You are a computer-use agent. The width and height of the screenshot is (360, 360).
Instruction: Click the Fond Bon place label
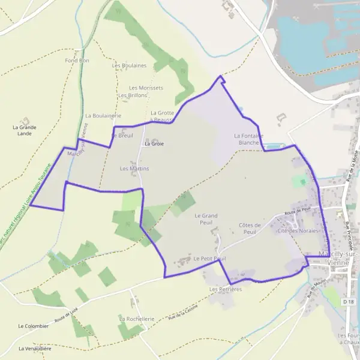pyautogui.click(x=77, y=61)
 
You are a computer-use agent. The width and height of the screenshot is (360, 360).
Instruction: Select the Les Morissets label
pyautogui.click(x=146, y=88)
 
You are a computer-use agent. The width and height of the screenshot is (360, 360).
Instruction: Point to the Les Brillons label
pyautogui.click(x=133, y=95)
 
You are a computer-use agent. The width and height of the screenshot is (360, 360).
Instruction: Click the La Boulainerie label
pyautogui.click(x=103, y=115)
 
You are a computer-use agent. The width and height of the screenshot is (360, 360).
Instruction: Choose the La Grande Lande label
pyautogui.click(x=25, y=130)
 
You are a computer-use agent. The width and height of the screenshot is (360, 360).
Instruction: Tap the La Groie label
pyautogui.click(x=154, y=144)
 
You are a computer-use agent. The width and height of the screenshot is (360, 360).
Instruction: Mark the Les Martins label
pyautogui.click(x=134, y=169)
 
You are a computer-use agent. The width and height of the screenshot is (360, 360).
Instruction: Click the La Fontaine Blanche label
pyautogui.click(x=249, y=139)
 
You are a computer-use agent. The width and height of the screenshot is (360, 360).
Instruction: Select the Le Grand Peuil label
pyautogui.click(x=206, y=218)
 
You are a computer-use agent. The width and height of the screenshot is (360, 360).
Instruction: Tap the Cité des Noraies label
pyautogui.click(x=297, y=230)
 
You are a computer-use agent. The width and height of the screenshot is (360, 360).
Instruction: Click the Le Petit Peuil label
pyautogui.click(x=209, y=259)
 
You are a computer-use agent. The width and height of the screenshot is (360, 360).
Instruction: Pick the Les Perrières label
pyautogui.click(x=225, y=289)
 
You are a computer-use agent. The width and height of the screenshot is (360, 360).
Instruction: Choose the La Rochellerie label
pyautogui.click(x=137, y=319)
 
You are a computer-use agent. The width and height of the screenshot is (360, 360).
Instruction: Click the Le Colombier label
pyautogui.click(x=33, y=326)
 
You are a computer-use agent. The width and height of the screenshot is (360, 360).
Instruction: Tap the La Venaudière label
pyautogui.click(x=35, y=348)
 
